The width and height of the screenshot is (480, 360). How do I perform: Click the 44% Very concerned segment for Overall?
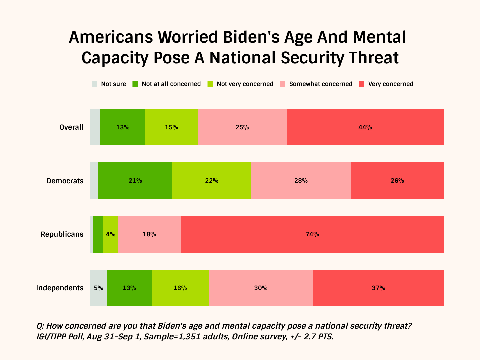click(x=365, y=127)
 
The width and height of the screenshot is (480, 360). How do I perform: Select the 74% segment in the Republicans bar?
click(x=312, y=234)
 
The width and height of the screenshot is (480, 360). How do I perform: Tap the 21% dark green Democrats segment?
click(x=135, y=181)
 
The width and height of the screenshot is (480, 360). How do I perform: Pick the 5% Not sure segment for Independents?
click(x=98, y=288)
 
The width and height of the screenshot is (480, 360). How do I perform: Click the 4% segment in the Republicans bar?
click(x=111, y=234)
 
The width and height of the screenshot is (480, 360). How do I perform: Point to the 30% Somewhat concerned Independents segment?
click(x=261, y=288)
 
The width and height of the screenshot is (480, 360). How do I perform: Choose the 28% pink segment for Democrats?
click(x=301, y=181)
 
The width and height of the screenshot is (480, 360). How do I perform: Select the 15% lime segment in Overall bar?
click(x=171, y=127)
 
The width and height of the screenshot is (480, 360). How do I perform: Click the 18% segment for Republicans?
click(x=149, y=234)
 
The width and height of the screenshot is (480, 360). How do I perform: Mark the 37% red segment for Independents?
click(x=378, y=288)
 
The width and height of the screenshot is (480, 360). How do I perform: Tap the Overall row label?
click(x=71, y=127)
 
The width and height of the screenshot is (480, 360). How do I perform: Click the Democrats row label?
click(x=65, y=181)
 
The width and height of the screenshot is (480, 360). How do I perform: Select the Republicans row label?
click(x=62, y=234)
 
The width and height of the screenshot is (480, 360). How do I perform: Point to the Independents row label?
click(x=60, y=288)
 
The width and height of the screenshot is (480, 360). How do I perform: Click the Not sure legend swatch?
click(x=95, y=84)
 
